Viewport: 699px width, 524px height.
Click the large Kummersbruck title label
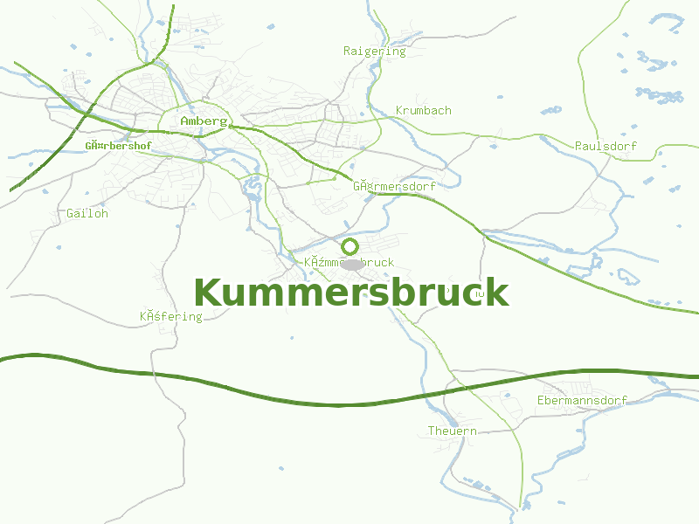click(x=350, y=293)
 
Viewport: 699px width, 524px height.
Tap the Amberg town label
click(x=204, y=121)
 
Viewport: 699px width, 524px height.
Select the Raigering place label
click(x=374, y=51)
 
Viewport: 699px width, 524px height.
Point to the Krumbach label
click(x=423, y=111)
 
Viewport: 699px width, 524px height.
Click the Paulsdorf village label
click(x=606, y=146)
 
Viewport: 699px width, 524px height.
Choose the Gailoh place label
click(x=87, y=213)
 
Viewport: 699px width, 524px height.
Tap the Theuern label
click(x=452, y=431)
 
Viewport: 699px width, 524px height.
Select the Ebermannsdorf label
click(x=582, y=401)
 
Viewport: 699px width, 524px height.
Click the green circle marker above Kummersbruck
click(x=349, y=246)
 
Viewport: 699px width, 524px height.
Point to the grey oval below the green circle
click(x=352, y=264)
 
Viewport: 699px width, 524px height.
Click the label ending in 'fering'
click(x=171, y=316)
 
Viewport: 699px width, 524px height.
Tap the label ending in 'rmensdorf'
click(x=394, y=186)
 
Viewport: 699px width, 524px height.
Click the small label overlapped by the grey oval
click(x=349, y=262)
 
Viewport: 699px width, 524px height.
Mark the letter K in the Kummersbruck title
click(x=207, y=293)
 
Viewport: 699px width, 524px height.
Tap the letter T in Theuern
click(x=431, y=431)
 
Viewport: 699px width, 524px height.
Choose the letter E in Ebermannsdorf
click(x=541, y=401)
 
